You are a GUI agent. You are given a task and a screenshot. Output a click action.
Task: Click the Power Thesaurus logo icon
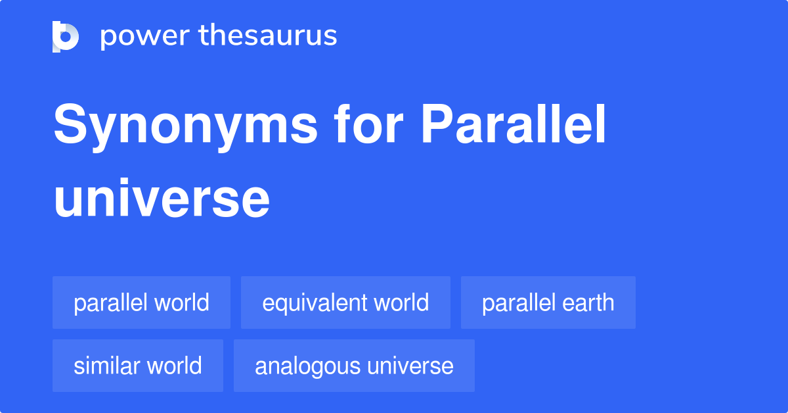[66, 37]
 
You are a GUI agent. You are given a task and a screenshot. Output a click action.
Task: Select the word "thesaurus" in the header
[268, 36]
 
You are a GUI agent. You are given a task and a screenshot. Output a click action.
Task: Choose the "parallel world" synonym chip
[141, 303]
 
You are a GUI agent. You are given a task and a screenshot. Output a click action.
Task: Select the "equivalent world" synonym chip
[345, 303]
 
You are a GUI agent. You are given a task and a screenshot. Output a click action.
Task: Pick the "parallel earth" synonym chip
[548, 303]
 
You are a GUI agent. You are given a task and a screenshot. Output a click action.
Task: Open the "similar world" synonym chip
[138, 366]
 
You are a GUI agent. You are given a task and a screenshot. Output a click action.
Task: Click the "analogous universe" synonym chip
[354, 366]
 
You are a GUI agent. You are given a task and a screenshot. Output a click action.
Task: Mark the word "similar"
[107, 366]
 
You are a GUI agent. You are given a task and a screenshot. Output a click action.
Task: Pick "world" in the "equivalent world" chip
[402, 303]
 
